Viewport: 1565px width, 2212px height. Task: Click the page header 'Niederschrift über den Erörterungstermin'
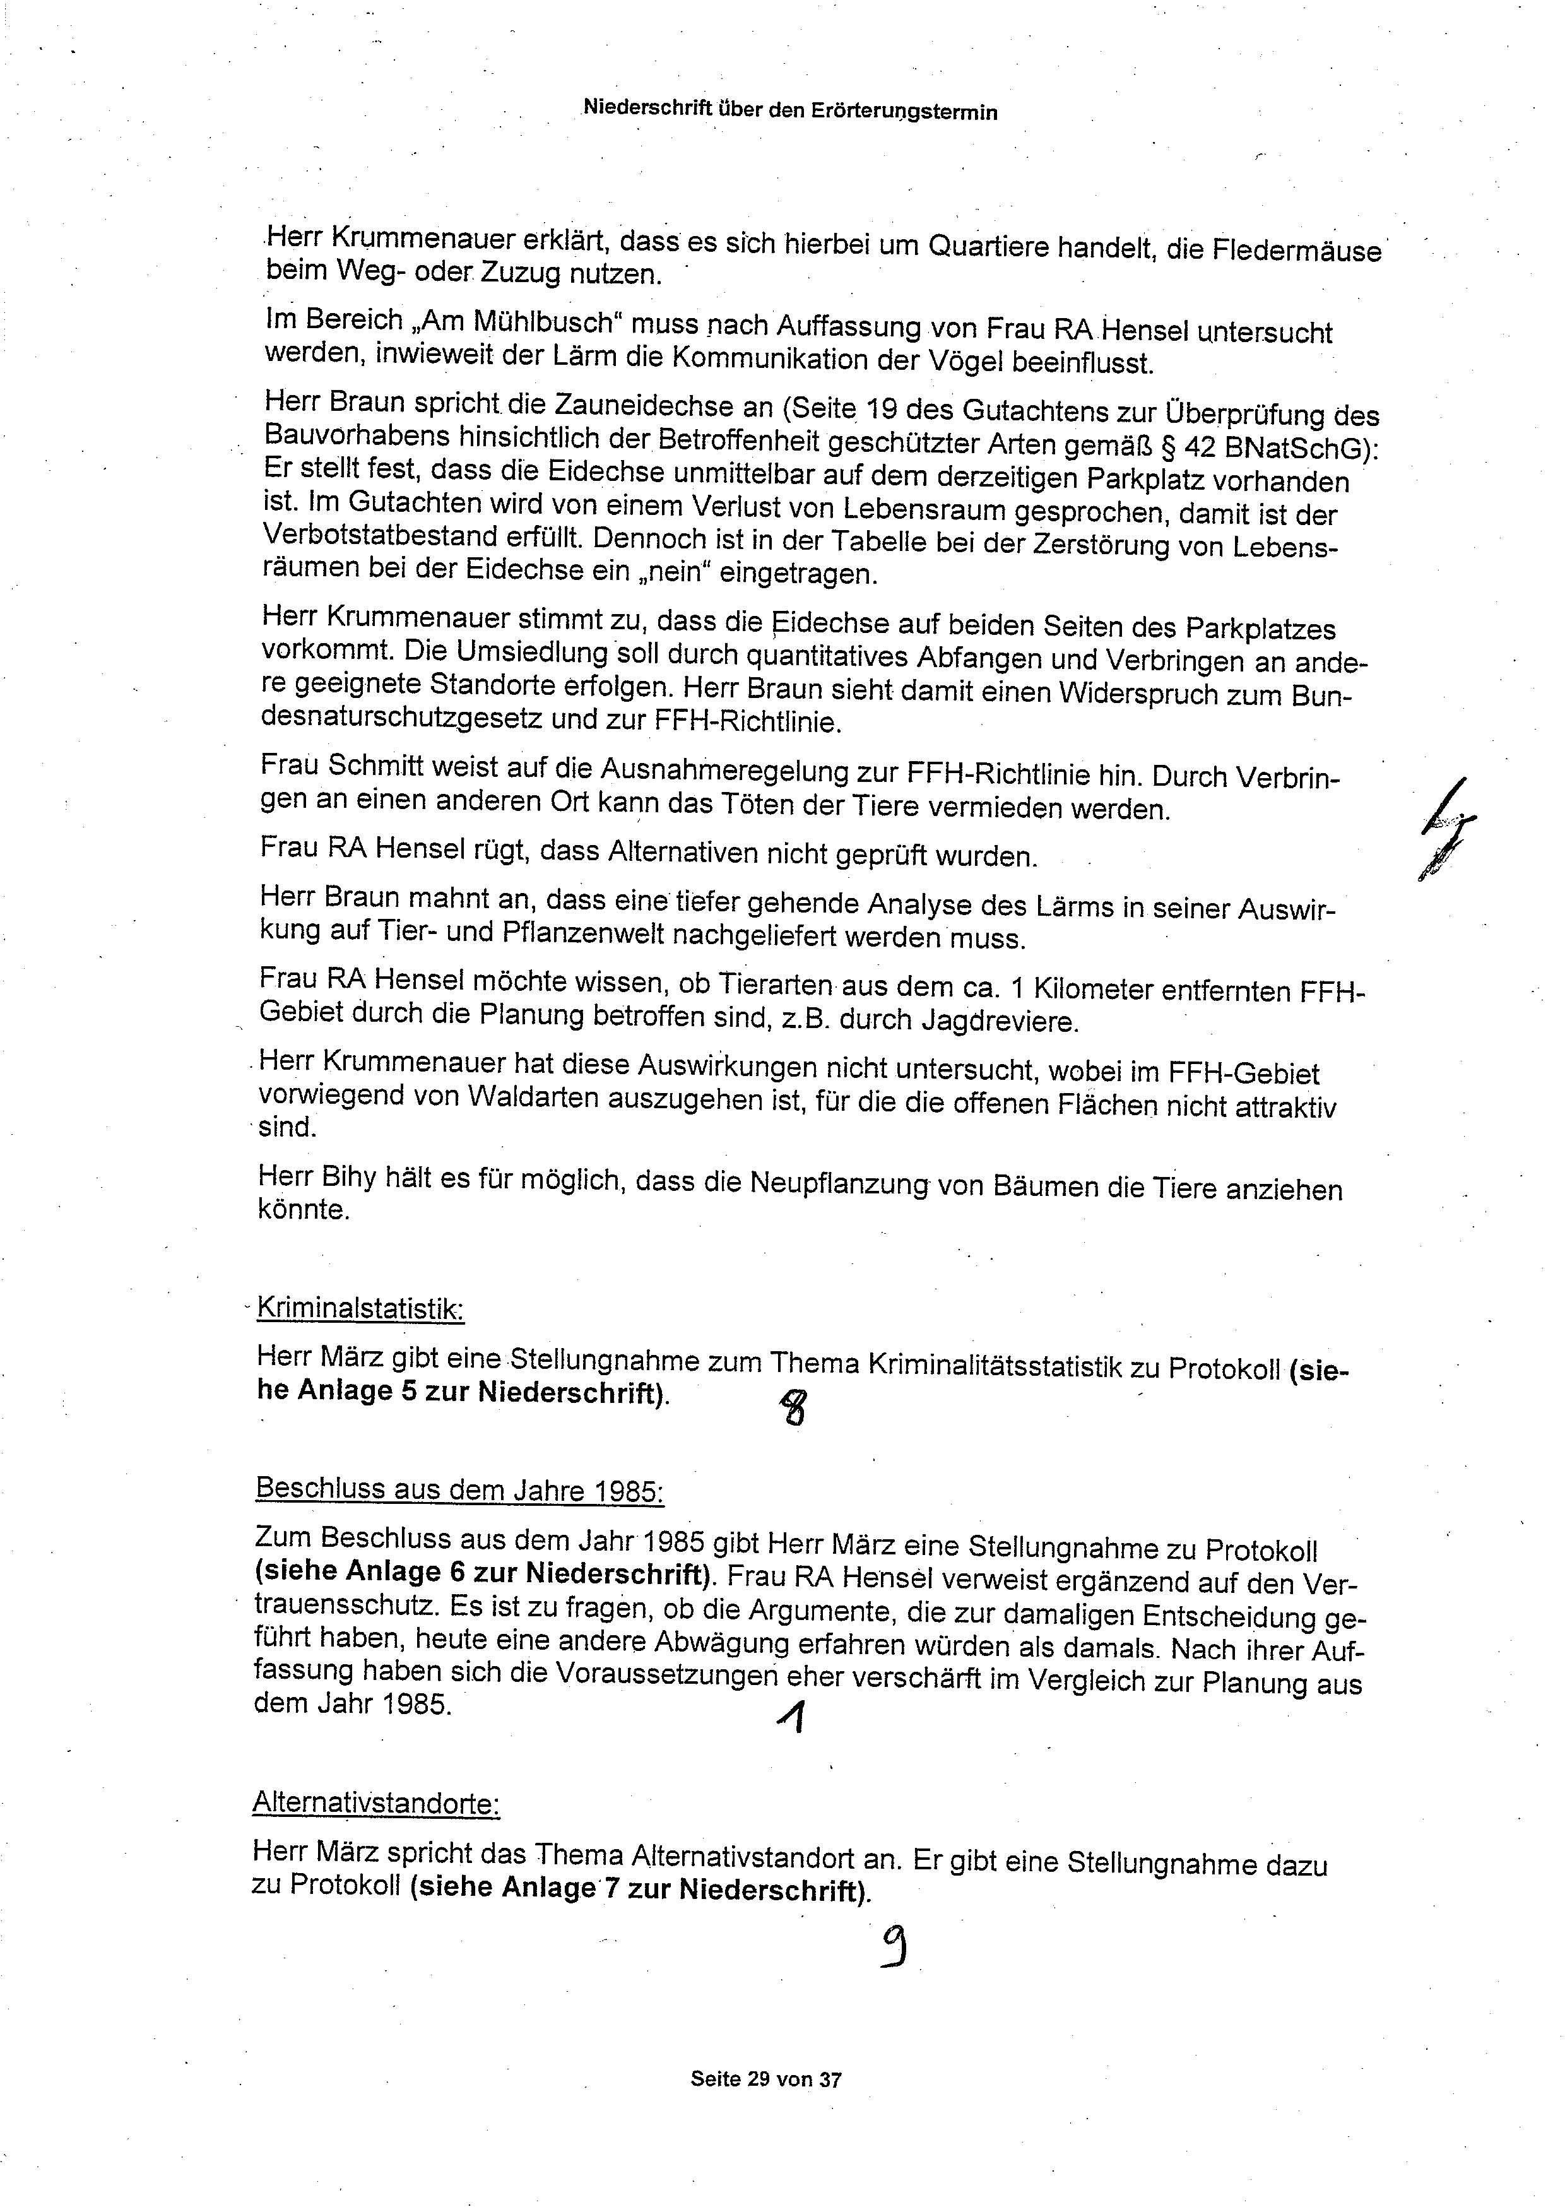coord(790,111)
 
